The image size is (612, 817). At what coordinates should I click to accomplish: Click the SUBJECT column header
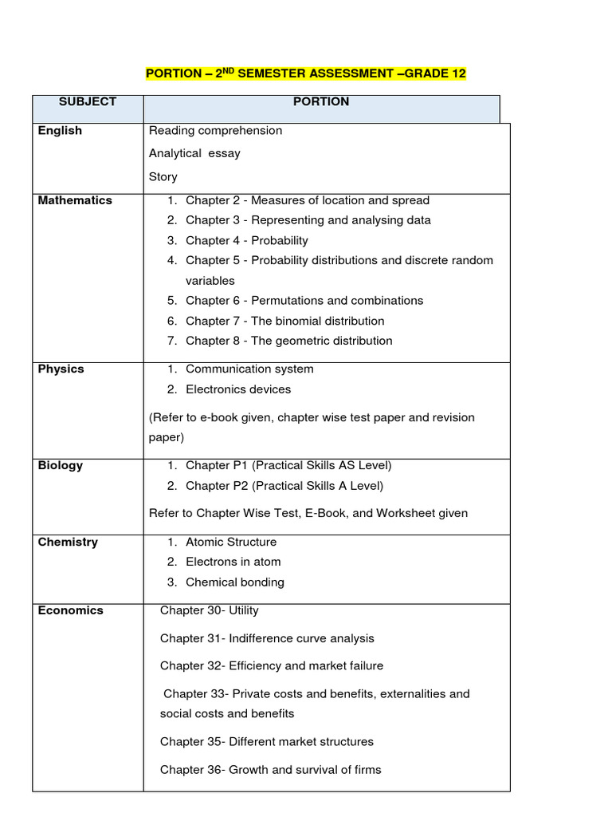pyautogui.click(x=87, y=102)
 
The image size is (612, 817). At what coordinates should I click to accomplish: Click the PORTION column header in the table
pyautogui.click(x=321, y=102)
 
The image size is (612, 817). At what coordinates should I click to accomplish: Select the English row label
pyautogui.click(x=60, y=131)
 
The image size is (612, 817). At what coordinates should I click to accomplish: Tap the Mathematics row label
pyautogui.click(x=75, y=201)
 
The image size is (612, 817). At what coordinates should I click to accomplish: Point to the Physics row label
pyautogui.click(x=61, y=369)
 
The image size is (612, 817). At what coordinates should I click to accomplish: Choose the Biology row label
pyautogui.click(x=61, y=466)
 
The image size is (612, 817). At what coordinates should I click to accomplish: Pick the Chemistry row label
pyautogui.click(x=68, y=543)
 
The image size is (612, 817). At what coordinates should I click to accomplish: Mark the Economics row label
pyautogui.click(x=70, y=610)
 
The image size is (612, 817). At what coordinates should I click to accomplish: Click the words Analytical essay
pyautogui.click(x=194, y=153)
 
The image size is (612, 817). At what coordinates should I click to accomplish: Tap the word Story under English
pyautogui.click(x=163, y=176)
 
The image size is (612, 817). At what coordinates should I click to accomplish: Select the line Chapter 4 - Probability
pyautogui.click(x=246, y=241)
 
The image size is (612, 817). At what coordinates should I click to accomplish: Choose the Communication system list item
pyautogui.click(x=249, y=369)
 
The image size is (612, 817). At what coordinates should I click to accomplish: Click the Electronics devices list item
pyautogui.click(x=238, y=389)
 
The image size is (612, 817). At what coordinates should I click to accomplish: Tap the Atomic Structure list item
pyautogui.click(x=231, y=543)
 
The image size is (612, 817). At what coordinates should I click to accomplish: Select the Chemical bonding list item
pyautogui.click(x=234, y=582)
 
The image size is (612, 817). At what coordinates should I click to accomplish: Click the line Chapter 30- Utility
pyautogui.click(x=210, y=610)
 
